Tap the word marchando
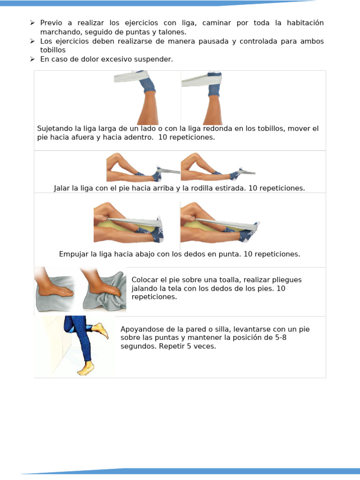coord(60,32)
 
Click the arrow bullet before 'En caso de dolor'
coord(32,59)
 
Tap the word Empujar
coord(74,254)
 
